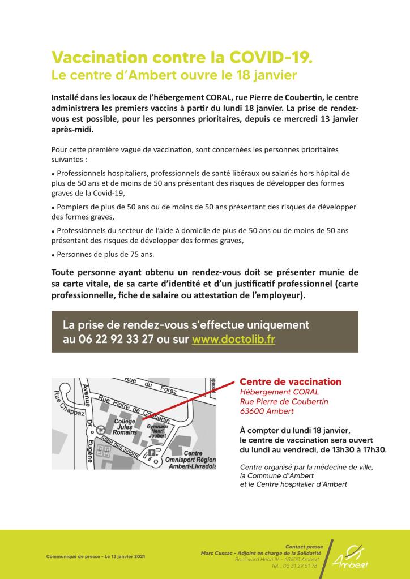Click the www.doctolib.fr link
pos(233,340)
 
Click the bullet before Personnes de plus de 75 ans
pos(53,255)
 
